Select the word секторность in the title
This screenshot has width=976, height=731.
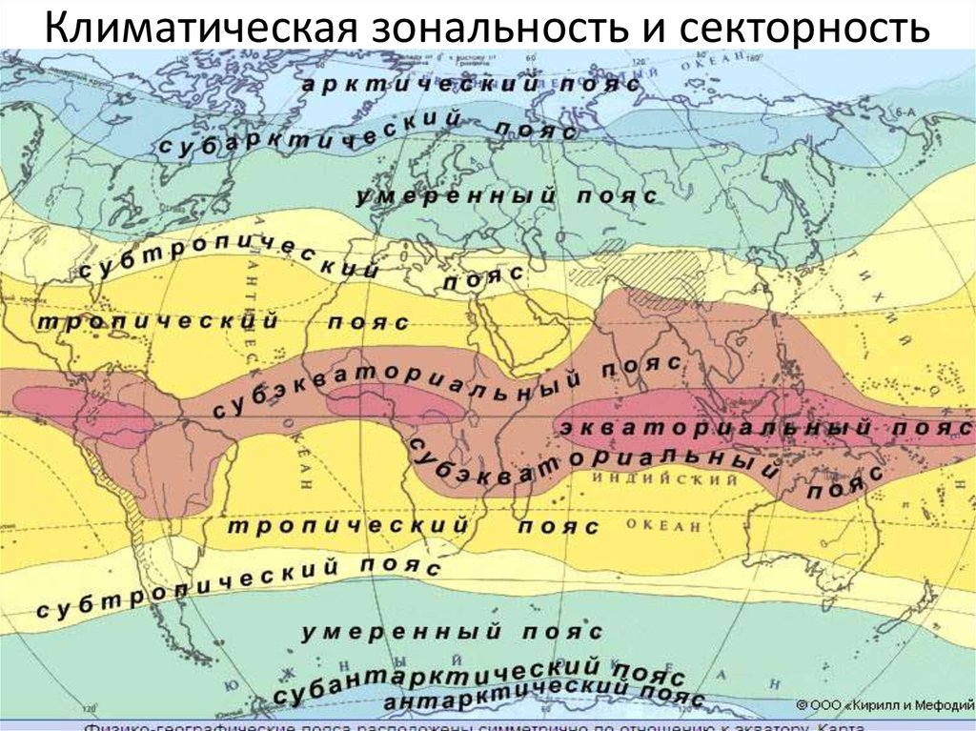[805, 28]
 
